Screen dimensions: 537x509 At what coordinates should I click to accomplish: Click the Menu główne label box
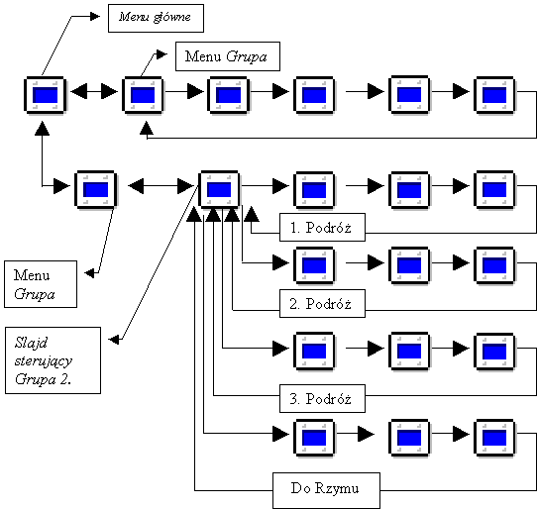(156, 18)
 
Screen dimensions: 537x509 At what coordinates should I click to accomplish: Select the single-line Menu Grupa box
(228, 56)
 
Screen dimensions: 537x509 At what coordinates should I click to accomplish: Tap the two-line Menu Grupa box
(41, 284)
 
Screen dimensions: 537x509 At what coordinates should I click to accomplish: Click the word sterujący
(44, 360)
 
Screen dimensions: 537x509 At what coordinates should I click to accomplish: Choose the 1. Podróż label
(322, 228)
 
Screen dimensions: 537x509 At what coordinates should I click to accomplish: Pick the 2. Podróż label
(322, 304)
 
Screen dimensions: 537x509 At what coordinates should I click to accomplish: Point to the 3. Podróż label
(322, 398)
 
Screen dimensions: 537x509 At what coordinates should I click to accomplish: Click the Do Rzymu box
(326, 490)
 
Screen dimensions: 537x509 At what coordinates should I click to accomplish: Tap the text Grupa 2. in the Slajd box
(43, 379)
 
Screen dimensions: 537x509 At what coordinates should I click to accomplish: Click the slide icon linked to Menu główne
(46, 95)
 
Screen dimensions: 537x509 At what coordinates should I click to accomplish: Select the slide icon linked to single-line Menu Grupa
(143, 95)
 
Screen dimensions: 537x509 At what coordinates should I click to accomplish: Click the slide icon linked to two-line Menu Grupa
(96, 189)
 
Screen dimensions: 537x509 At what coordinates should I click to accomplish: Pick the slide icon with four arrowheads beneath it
(219, 189)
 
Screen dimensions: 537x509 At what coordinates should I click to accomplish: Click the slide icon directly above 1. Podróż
(314, 190)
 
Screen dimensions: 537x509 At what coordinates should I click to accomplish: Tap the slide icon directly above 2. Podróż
(314, 265)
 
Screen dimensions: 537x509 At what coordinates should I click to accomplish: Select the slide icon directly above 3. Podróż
(314, 351)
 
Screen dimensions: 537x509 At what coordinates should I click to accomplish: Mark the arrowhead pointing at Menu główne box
(95, 16)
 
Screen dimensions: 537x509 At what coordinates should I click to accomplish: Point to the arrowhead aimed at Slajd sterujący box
(114, 340)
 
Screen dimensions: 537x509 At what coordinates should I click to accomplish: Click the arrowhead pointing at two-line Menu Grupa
(89, 272)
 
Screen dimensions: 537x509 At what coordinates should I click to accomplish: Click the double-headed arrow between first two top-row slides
(94, 91)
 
